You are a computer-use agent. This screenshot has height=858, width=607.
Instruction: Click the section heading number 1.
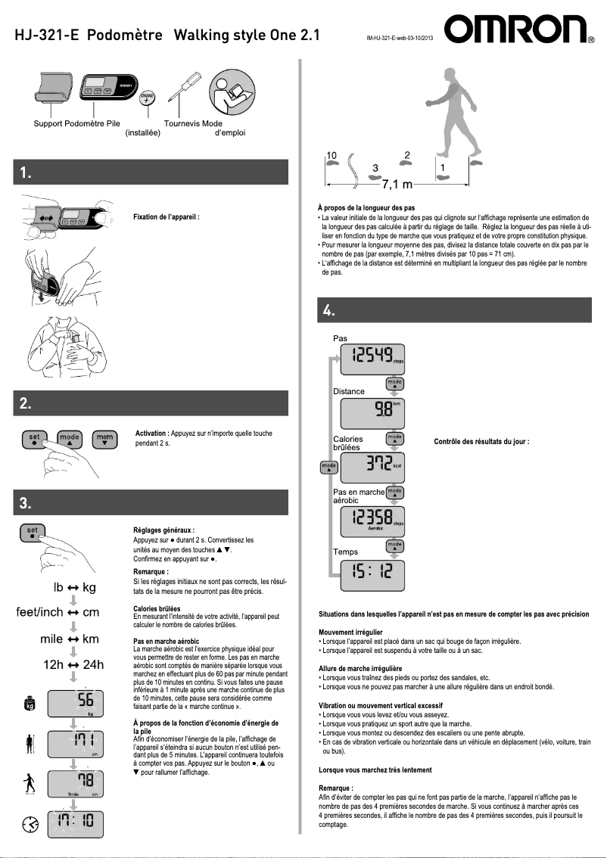point(26,173)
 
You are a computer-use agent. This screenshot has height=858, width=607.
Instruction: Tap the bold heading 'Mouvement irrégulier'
point(350,632)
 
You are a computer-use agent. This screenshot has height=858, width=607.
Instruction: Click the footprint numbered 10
point(332,160)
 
